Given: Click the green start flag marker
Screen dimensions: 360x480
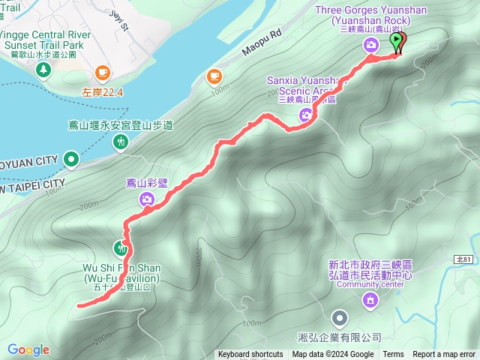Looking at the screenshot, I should tap(397, 41).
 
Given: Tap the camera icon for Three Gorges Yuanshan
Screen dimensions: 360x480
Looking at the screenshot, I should tap(371, 46).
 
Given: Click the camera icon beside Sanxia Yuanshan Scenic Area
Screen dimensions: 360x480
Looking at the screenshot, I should tap(306, 115).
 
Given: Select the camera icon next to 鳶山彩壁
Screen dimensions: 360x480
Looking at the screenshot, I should tap(147, 199).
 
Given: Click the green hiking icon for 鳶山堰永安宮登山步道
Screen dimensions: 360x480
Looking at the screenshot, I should tap(121, 142).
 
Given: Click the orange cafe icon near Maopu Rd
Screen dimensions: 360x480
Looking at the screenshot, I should tap(214, 76).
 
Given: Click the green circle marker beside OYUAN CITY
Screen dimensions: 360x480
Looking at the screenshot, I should tap(71, 159).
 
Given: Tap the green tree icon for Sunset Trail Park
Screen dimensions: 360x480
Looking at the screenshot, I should tap(43, 69).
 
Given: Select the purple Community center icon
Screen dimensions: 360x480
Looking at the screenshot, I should tap(369, 301).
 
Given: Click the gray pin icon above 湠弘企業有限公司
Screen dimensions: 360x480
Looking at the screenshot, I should tap(340, 319).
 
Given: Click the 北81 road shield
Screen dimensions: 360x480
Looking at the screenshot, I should tap(463, 259).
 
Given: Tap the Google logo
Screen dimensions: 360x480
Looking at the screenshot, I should tap(28, 349).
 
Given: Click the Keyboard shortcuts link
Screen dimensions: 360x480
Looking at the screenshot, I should tap(250, 355).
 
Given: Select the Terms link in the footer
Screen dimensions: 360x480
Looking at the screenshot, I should tap(393, 355).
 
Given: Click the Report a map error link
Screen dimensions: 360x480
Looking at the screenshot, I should tap(444, 355).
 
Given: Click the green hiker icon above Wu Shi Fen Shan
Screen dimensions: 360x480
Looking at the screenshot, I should tap(121, 247).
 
